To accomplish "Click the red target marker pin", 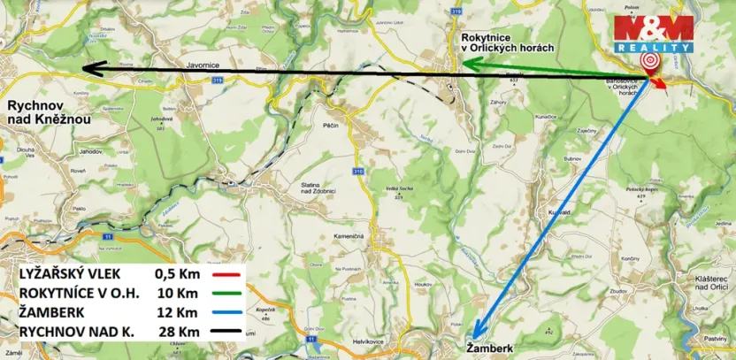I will point(650,60).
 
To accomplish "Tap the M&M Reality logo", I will point(654,34).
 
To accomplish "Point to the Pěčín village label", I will point(332,126).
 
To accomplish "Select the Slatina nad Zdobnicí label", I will point(321,188).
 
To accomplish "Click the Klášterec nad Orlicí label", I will point(703,282).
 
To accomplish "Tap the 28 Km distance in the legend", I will point(176,332).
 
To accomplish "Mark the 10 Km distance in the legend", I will point(176,293).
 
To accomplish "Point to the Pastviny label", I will point(716,338).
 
